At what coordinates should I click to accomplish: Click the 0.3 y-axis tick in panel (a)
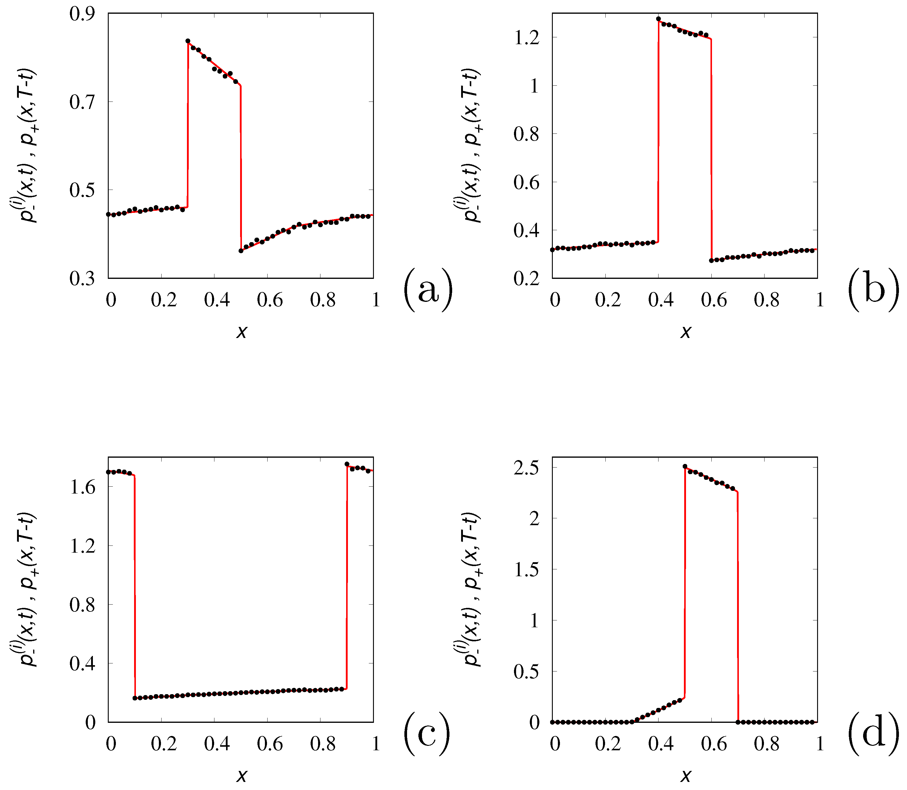[82, 279]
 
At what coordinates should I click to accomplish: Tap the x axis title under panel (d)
[686, 775]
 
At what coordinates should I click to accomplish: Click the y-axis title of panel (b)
[468, 145]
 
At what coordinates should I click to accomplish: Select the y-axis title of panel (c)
[24, 589]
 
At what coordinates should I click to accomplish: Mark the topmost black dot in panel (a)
[188, 41]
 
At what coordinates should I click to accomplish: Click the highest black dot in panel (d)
[685, 466]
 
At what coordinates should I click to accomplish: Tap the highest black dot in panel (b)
[658, 19]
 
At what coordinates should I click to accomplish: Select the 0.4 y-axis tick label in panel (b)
[527, 230]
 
